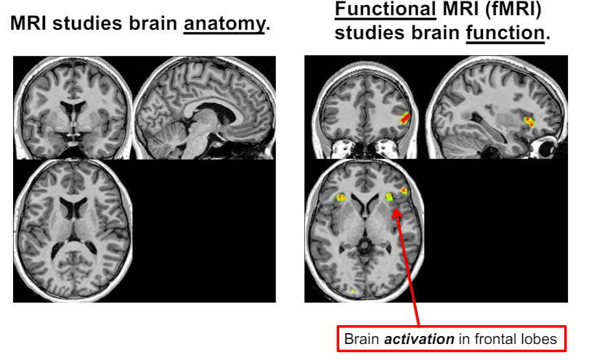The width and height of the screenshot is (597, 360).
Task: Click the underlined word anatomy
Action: click(x=224, y=24)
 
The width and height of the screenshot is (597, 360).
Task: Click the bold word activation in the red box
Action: click(x=408, y=339)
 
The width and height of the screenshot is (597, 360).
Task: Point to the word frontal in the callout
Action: click(x=475, y=339)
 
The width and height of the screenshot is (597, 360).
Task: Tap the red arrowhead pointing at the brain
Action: click(x=396, y=211)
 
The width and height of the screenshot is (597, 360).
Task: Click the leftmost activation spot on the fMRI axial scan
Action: click(x=341, y=197)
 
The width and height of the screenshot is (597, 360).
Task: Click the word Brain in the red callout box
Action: click(x=361, y=339)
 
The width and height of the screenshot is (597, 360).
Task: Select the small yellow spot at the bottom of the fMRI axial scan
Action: click(x=353, y=291)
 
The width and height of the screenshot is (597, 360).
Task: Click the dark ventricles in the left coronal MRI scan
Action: click(x=73, y=110)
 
